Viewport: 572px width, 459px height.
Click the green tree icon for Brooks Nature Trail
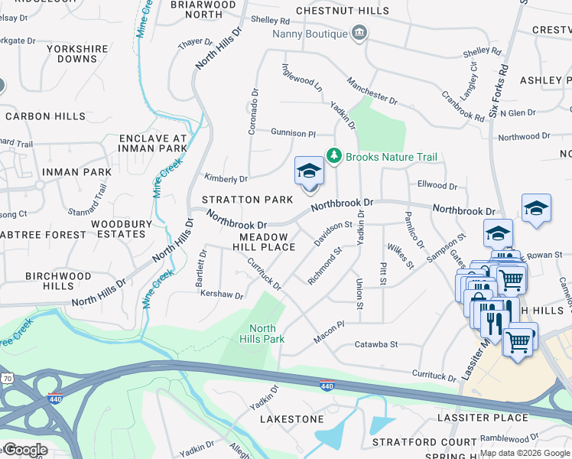pyautogui.click(x=333, y=156)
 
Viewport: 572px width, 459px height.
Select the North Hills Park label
pyautogui.click(x=262, y=334)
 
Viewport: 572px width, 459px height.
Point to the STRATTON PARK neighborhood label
pyautogui.click(x=247, y=200)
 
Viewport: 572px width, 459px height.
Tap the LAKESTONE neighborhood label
pyautogui.click(x=291, y=419)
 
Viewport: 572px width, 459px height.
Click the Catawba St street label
pyautogui.click(x=376, y=345)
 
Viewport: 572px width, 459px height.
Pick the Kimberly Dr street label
pyautogui.click(x=226, y=179)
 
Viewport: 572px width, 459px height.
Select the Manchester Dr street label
pyautogui.click(x=372, y=90)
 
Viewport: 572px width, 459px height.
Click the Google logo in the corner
pyautogui.click(x=24, y=451)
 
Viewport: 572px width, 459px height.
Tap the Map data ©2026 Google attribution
pyautogui.click(x=525, y=453)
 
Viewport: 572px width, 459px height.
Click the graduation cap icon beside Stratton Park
pyautogui.click(x=309, y=171)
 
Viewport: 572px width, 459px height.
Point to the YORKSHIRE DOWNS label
pyautogui.click(x=77, y=54)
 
